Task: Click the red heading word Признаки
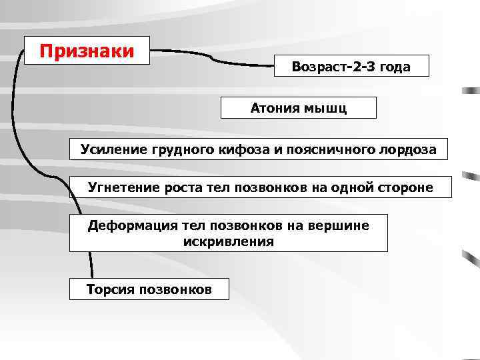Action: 87,51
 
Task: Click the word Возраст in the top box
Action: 317,67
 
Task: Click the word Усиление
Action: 111,149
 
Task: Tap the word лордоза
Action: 409,149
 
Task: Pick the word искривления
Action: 228,241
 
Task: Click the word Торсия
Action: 109,289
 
